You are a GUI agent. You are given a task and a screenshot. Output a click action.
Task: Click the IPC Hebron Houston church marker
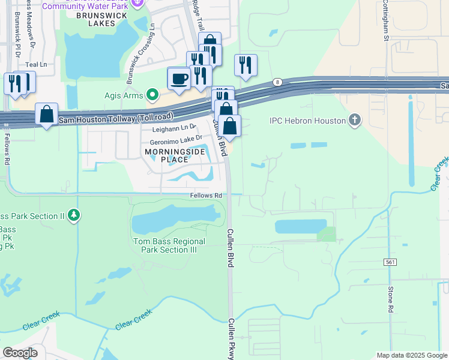(355, 121)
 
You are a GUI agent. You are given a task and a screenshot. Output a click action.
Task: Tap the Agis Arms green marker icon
(153, 94)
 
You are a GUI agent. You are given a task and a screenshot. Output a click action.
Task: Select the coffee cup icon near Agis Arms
(179, 78)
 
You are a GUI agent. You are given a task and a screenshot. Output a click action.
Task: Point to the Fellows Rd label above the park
(206, 196)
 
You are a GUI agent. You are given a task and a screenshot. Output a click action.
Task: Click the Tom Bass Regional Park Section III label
(169, 245)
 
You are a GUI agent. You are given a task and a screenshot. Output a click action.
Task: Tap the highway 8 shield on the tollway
(277, 82)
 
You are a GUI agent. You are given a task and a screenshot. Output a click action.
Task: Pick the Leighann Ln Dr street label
(174, 128)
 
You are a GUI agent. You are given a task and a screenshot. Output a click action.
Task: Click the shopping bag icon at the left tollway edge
(47, 114)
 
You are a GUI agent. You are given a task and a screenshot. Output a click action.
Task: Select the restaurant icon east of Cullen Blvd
(246, 65)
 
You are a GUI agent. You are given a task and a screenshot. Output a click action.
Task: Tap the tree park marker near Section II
(73, 214)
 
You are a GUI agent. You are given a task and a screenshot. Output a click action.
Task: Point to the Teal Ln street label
(36, 64)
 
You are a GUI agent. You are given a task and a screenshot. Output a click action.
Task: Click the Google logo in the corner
(20, 353)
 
